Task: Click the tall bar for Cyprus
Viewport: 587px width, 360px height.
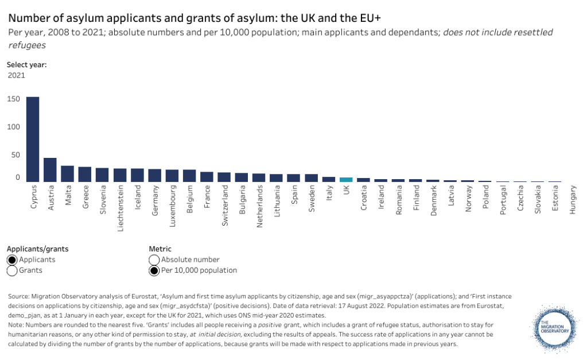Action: pos(33,139)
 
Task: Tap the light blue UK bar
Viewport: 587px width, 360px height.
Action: pos(346,180)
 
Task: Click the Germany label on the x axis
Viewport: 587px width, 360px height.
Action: pos(156,200)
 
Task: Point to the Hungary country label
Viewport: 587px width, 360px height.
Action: pos(573,200)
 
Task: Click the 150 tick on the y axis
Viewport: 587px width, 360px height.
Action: pos(14,99)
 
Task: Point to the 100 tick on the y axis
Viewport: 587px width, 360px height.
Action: pos(14,127)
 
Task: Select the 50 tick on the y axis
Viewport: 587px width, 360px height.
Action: pos(16,155)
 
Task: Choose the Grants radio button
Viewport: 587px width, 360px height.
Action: pos(12,270)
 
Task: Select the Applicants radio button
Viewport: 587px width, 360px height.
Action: pos(12,260)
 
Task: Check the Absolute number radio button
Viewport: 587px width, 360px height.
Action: pos(154,260)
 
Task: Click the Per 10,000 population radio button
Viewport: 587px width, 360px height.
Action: pos(154,270)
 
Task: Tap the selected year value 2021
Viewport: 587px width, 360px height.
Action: pos(16,75)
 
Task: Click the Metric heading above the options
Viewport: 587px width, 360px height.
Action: pos(160,249)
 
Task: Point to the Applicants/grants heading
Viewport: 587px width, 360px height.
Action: pos(37,249)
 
